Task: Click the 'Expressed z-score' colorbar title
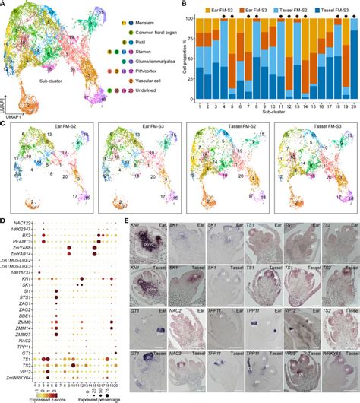click(x=43, y=398)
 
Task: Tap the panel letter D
click(x=4, y=221)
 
